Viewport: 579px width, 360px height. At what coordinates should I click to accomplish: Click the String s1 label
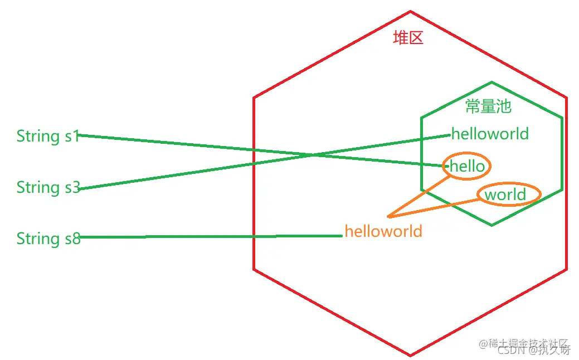[48, 136]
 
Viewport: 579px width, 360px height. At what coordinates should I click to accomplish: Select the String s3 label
[48, 187]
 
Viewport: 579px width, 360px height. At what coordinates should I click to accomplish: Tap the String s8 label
[48, 239]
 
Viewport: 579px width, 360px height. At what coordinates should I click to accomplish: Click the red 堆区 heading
[408, 38]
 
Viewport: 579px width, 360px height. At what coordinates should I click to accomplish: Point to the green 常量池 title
[488, 106]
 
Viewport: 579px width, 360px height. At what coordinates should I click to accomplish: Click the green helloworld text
[490, 134]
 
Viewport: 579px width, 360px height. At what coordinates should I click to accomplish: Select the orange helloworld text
[383, 231]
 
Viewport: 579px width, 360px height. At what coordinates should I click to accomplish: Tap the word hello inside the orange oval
[467, 166]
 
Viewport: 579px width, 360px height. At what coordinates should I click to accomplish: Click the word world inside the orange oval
[505, 194]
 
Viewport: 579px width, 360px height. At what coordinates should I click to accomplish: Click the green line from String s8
[212, 237]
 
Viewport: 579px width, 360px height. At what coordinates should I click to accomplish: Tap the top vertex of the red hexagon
[411, 11]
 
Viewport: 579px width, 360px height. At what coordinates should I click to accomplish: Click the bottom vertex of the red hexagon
[411, 355]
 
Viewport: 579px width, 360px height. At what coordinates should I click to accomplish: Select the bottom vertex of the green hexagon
[492, 225]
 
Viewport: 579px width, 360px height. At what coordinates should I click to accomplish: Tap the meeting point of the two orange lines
[388, 216]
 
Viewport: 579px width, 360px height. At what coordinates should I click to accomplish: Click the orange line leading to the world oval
[435, 207]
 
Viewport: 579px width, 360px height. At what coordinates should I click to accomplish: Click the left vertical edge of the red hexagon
[254, 184]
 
